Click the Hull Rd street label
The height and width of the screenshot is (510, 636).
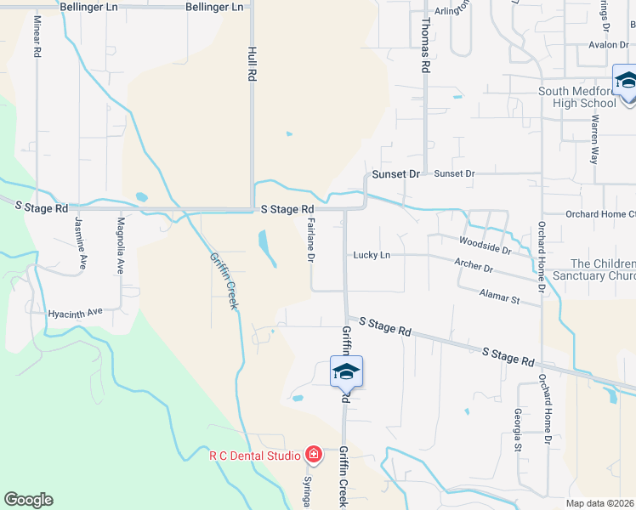(252, 64)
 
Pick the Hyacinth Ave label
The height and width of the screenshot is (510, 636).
(76, 312)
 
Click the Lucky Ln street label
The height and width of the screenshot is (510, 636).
(372, 254)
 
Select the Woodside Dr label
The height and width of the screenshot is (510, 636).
(485, 245)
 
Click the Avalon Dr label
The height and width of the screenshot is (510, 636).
(608, 45)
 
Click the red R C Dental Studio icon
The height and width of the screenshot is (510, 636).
(313, 456)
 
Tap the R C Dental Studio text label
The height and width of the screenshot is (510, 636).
(255, 456)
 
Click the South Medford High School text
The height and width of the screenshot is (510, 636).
(577, 97)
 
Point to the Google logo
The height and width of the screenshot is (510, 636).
(29, 500)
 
